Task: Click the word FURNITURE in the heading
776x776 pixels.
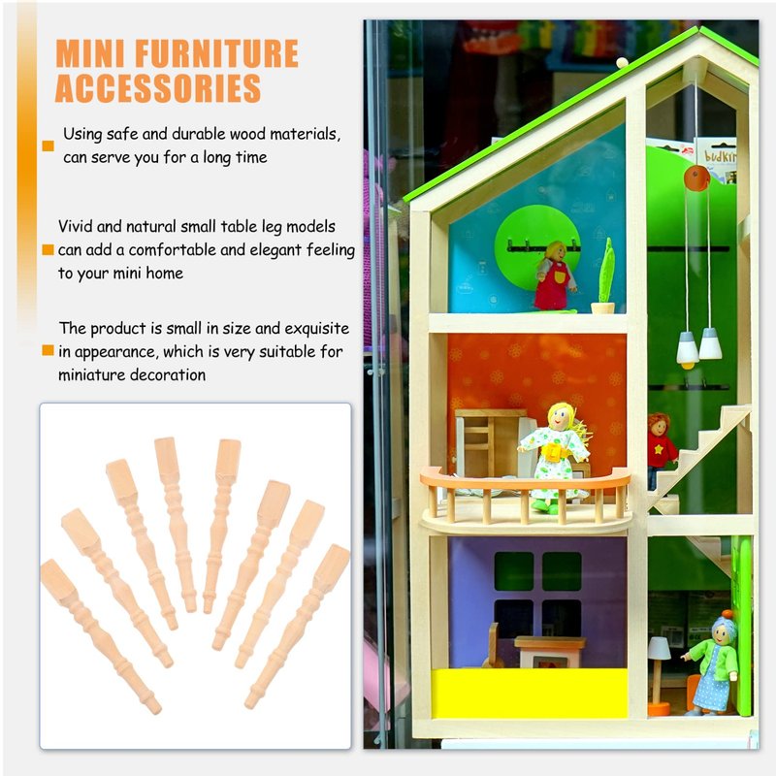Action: coord(216,53)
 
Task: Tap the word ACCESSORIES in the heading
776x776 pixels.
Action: coord(158,88)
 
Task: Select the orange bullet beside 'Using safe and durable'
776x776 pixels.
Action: coord(48,145)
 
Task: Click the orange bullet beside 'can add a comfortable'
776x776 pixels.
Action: coord(48,249)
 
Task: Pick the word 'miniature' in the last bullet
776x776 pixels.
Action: coord(93,374)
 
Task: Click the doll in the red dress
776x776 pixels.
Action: coord(555,275)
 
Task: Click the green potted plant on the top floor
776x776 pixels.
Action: coord(604,275)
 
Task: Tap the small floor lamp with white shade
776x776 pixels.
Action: coord(659,675)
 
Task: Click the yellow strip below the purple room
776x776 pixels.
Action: coord(529,693)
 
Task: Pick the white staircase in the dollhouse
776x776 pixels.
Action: coord(697,458)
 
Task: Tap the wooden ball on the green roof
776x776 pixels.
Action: coord(622,62)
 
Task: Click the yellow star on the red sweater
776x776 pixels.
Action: coord(659,449)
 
